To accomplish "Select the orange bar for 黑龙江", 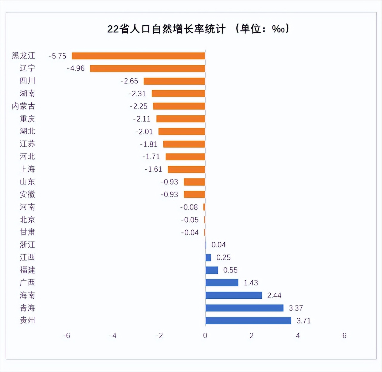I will (138, 56).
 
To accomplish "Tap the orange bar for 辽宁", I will (147, 69).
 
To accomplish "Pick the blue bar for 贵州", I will (248, 321).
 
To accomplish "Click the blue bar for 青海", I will (244, 308).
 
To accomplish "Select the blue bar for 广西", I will (222, 283).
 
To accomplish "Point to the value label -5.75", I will (57, 56).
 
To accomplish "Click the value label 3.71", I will (303, 321).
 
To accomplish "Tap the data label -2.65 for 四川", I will (129, 81).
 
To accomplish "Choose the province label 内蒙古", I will (23, 106).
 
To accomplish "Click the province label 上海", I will (27, 169).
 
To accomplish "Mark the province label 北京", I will (27, 220).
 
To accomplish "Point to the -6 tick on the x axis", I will (66, 336).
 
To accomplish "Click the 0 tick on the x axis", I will (205, 336).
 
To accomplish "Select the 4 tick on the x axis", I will (298, 336).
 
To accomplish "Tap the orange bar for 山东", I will (194, 182).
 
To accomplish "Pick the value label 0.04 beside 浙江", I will (218, 245).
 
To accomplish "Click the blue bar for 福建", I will (212, 270).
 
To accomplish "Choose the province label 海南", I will (27, 295).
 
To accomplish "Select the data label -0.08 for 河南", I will (189, 207).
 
